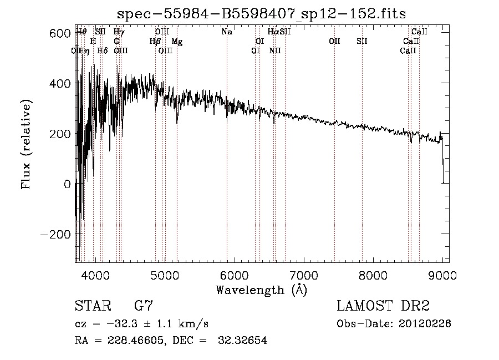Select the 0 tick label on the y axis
coord(67,184)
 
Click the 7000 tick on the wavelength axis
coord(303,275)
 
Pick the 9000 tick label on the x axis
coord(442,275)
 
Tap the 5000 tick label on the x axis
coord(164,275)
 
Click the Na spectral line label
coord(226,32)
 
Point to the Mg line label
coord(176,42)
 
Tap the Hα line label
coord(273,32)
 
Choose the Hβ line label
coord(155,42)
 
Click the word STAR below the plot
coord(92,306)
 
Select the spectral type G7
coord(144,306)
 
